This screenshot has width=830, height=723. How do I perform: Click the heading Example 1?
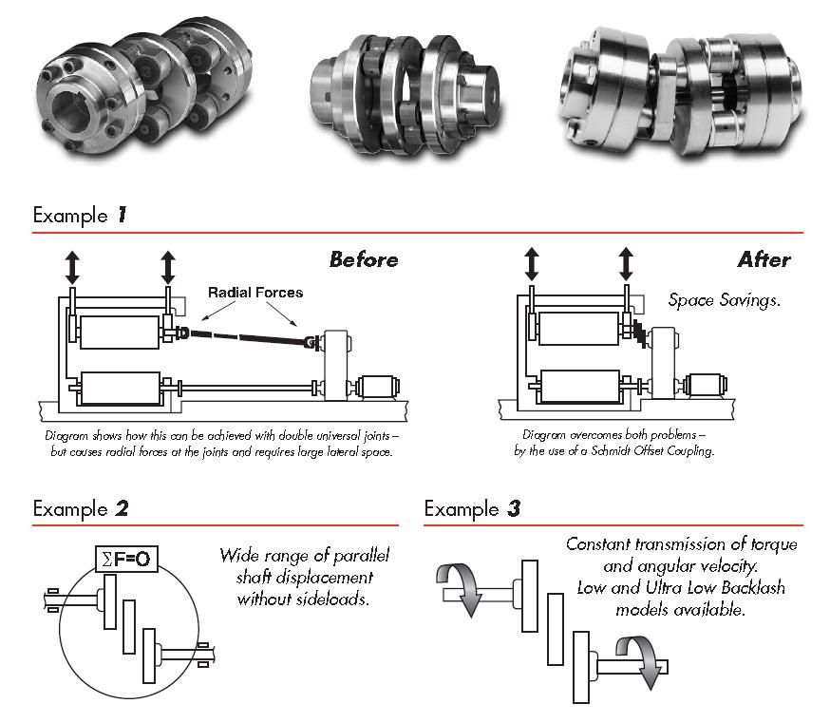click(80, 215)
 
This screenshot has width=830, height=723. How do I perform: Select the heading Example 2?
click(80, 508)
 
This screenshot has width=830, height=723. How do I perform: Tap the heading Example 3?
click(472, 508)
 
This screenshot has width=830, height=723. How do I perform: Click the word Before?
click(364, 259)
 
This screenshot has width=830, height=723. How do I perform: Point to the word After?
click(764, 259)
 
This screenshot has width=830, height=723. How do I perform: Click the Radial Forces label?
click(255, 293)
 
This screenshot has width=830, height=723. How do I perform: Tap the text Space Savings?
click(724, 300)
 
